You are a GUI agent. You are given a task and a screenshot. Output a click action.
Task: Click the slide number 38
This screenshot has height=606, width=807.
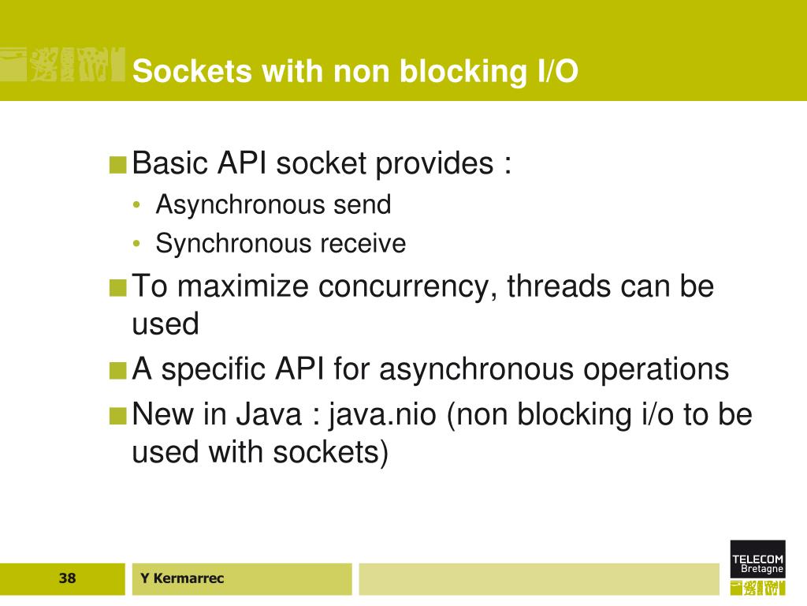pos(67,578)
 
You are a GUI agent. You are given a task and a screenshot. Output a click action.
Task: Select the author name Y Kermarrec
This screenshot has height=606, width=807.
pos(182,578)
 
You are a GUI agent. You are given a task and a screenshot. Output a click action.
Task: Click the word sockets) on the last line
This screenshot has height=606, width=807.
pos(331,454)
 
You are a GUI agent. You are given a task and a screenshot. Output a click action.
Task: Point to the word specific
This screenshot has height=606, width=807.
pos(212,369)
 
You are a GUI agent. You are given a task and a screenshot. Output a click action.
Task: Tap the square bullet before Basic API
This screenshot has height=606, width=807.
pos(118,165)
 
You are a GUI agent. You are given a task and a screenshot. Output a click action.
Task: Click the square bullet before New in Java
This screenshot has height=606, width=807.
pos(118,415)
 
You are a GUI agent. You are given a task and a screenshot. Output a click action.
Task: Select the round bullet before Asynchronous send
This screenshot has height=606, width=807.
pos(137,206)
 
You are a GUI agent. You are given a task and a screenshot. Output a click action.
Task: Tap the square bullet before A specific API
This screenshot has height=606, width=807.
pos(118,370)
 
